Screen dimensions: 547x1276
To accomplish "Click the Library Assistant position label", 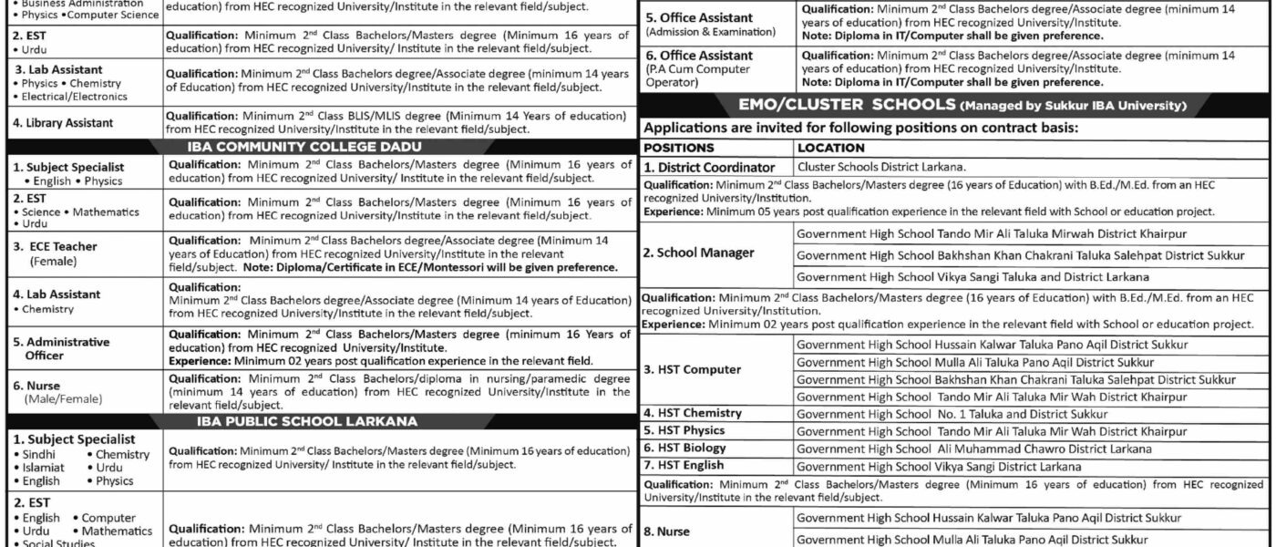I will point(63,123).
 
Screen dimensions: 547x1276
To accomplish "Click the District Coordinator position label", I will point(710,167).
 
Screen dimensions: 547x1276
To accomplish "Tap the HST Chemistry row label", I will point(693,413).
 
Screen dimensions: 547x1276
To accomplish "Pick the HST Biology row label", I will point(685,448).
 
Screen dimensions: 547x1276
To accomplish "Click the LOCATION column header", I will point(830,147).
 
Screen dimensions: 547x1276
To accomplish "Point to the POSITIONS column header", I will point(679,147).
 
